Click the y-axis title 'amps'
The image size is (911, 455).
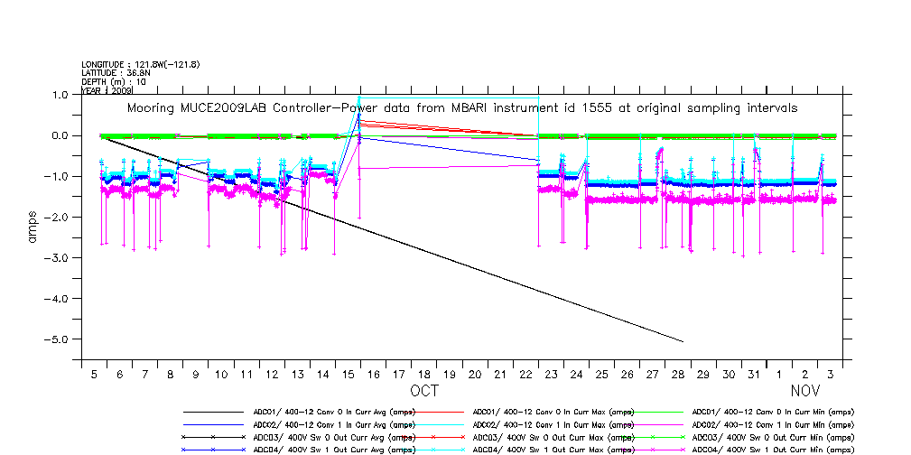click(33, 226)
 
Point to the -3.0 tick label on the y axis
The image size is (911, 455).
click(59, 258)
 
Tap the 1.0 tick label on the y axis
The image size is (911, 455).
click(60, 95)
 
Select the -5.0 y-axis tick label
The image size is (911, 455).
click(59, 339)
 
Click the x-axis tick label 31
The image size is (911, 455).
click(754, 374)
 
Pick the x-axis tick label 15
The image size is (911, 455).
click(348, 374)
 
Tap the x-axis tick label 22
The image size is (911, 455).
click(525, 374)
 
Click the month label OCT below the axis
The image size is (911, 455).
click(424, 392)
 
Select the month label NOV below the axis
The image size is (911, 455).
click(805, 392)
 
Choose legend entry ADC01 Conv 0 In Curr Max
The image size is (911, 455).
click(553, 412)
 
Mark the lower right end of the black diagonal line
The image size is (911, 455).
click(683, 342)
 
